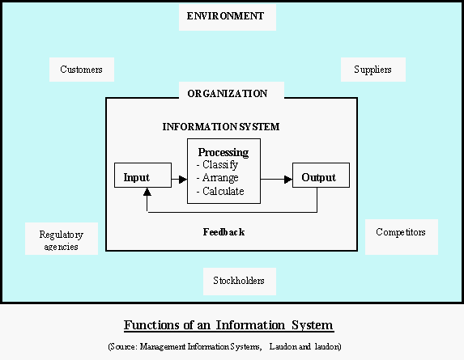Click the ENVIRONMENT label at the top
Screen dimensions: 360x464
[x=226, y=16]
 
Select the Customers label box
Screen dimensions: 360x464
[x=81, y=70]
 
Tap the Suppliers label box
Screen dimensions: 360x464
[x=372, y=70]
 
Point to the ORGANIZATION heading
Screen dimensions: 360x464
[x=228, y=94]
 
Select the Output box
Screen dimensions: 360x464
[x=317, y=176]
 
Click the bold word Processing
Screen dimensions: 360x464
[x=223, y=152]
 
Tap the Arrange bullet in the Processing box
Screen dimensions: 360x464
[x=220, y=178]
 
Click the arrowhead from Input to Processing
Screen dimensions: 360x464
[x=182, y=178]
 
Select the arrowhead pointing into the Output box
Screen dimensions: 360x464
[x=287, y=178]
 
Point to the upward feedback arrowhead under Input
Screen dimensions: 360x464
[x=147, y=193]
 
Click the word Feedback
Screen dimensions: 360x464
[x=223, y=232]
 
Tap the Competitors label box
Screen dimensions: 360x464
[x=401, y=232]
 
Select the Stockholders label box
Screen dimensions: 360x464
[x=239, y=282]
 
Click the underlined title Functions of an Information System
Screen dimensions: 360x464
[x=228, y=326]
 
